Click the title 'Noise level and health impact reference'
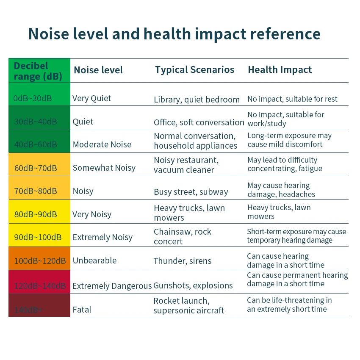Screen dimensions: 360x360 (174, 34)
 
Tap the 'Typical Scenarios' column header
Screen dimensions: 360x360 (194, 70)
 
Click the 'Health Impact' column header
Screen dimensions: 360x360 (280, 70)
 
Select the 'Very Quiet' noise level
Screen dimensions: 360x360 (91, 98)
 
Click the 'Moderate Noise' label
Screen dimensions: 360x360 (102, 144)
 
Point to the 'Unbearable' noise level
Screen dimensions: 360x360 (94, 260)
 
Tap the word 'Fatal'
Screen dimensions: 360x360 (82, 310)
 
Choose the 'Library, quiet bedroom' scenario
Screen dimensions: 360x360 (197, 100)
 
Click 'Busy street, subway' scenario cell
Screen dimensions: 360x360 (191, 192)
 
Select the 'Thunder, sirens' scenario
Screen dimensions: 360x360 (183, 261)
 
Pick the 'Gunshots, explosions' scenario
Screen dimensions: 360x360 (193, 285)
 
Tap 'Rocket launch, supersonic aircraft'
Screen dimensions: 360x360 (188, 305)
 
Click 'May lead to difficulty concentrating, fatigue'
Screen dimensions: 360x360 (285, 164)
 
